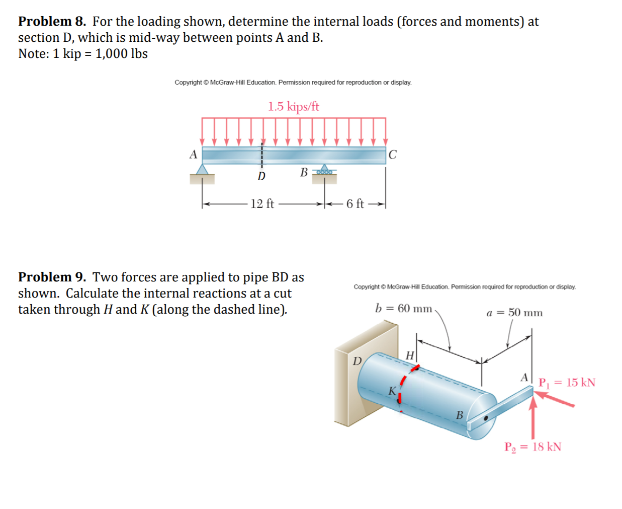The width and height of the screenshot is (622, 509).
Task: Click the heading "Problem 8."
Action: (x=52, y=22)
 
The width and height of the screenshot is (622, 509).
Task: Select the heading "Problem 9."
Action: (x=52, y=277)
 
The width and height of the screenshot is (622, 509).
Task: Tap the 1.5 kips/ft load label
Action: (x=293, y=107)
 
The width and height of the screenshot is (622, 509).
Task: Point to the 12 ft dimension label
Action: (x=262, y=204)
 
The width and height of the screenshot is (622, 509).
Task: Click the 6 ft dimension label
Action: (x=354, y=204)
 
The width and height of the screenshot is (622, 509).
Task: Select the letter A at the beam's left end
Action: (x=193, y=155)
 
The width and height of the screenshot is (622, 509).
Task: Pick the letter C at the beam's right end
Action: (x=393, y=155)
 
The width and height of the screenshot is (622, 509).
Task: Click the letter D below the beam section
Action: (x=261, y=177)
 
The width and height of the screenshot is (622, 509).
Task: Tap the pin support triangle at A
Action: (x=202, y=170)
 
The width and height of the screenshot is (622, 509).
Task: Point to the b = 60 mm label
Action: (x=403, y=309)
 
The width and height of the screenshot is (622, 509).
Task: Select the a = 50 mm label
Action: (x=514, y=313)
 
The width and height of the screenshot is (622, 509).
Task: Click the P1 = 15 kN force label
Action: (x=567, y=383)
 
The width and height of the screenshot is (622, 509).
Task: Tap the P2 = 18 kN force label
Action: (x=533, y=447)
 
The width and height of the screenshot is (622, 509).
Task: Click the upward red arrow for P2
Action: (x=534, y=418)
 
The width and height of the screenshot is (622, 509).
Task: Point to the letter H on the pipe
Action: (x=410, y=356)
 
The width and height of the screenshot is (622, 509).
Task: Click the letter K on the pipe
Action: (x=392, y=391)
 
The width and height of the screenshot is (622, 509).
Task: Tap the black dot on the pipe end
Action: (x=486, y=418)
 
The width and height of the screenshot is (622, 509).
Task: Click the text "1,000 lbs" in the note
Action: (x=121, y=54)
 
